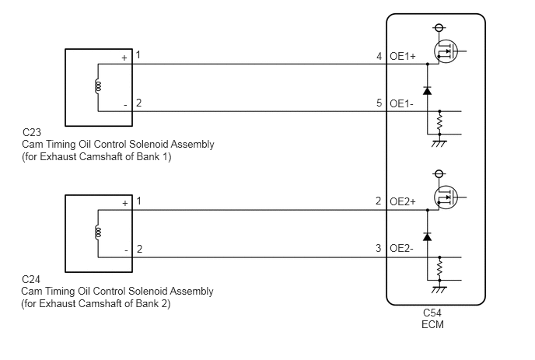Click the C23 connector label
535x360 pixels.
(31, 132)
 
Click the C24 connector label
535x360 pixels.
(31, 279)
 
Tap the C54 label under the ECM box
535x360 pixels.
(432, 313)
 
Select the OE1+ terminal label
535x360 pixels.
(403, 56)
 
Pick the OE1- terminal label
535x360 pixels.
(401, 103)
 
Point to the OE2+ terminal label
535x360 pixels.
(403, 201)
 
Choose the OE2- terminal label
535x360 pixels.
(401, 248)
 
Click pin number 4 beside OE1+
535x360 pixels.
(379, 56)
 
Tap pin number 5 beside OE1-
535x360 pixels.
(379, 103)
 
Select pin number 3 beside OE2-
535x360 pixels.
(379, 248)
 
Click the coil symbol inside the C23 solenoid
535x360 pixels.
(98, 86)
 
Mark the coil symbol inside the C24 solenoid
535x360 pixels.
(98, 232)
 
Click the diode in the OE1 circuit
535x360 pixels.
(427, 91)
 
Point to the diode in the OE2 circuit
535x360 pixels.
(427, 236)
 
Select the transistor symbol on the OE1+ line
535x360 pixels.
(446, 51)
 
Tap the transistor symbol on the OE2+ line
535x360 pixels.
(446, 197)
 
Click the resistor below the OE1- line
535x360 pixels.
(440, 123)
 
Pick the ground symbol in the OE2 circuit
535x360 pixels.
(439, 288)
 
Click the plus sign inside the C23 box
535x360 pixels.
(124, 58)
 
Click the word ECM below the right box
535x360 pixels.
(432, 324)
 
